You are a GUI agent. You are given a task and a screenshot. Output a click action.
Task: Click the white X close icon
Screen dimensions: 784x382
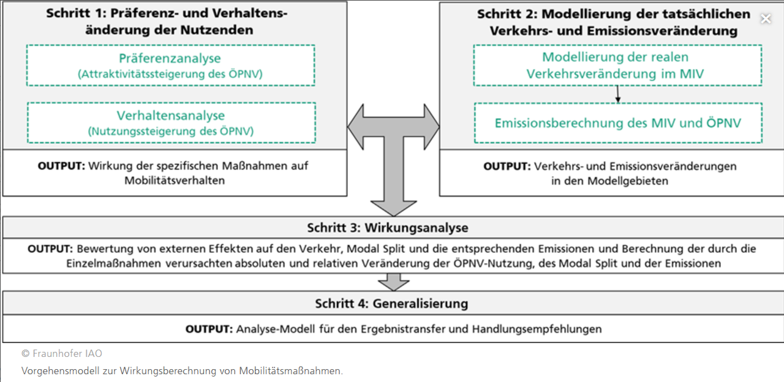tap(766, 18)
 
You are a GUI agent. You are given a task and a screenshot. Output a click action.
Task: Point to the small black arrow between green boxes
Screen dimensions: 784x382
tap(618, 94)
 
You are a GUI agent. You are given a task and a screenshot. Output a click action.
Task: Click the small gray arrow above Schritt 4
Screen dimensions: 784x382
tap(394, 282)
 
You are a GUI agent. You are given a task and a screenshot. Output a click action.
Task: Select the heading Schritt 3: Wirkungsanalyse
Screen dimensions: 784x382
tap(388, 228)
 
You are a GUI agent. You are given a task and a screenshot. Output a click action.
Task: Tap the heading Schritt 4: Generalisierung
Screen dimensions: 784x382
tap(391, 303)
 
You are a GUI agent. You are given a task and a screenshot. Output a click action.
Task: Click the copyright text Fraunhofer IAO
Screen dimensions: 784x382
tap(62, 354)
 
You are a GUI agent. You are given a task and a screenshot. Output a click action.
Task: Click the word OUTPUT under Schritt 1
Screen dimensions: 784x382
tap(62, 165)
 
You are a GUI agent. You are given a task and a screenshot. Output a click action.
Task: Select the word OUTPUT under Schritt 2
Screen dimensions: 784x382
tap(507, 166)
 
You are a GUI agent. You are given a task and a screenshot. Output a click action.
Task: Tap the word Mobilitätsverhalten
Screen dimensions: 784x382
tap(175, 181)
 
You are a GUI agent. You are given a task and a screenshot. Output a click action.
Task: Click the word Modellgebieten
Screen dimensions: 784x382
tap(628, 181)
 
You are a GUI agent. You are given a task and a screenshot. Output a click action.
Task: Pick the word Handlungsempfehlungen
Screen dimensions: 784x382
tap(537, 329)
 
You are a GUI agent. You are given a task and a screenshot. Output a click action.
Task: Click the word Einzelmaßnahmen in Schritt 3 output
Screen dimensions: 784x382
tap(114, 263)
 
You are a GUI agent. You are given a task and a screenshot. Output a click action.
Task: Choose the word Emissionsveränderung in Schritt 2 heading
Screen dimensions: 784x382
tap(662, 31)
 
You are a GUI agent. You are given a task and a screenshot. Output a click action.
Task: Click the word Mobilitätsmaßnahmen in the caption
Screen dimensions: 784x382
tap(291, 371)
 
